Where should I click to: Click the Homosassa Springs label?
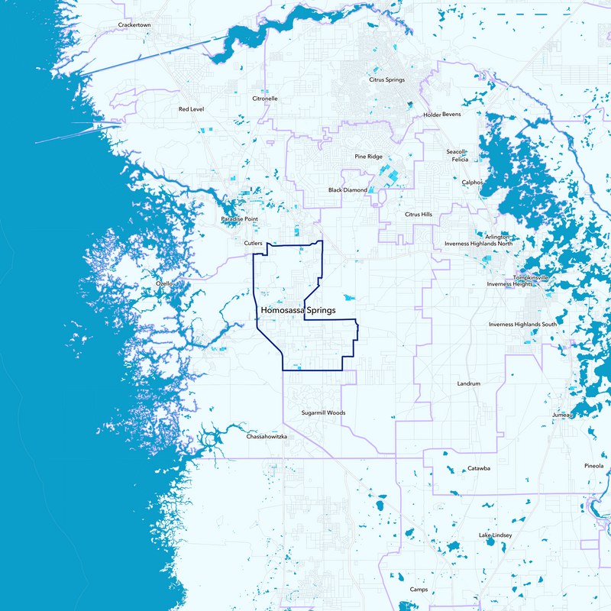[299, 312]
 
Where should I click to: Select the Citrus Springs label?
[386, 79]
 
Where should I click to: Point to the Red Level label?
[191, 109]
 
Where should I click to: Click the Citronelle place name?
[265, 99]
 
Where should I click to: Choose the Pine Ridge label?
[368, 157]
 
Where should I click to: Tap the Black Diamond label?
[348, 190]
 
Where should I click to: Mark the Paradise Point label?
[240, 219]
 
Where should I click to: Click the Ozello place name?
[165, 283]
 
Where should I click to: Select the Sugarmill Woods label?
[323, 412]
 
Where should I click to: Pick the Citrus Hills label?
[418, 215]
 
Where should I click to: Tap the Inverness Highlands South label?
[523, 325]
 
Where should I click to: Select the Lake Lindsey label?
[495, 535]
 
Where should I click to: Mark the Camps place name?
[419, 590]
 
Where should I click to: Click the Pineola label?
[593, 465]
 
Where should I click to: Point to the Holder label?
[432, 115]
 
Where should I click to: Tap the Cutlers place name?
[253, 244]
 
